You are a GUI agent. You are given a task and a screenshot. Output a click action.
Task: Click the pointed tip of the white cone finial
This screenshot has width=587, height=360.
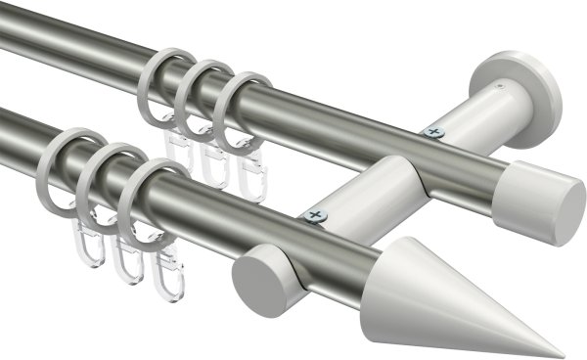(x=562, y=354)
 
